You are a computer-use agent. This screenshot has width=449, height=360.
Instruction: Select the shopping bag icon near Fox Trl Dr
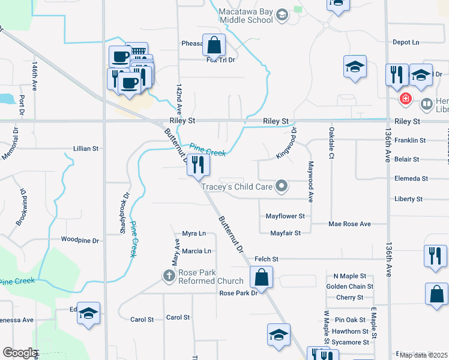pyautogui.click(x=214, y=45)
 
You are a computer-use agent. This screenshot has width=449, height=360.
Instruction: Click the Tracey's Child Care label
pyautogui.click(x=237, y=187)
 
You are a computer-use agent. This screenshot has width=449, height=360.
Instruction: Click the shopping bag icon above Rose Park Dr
pyautogui.click(x=261, y=278)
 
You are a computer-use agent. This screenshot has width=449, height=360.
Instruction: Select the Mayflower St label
pyautogui.click(x=285, y=216)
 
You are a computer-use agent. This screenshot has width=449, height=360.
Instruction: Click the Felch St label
pyautogui.click(x=267, y=259)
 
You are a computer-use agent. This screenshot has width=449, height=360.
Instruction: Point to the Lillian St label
pyautogui.click(x=85, y=148)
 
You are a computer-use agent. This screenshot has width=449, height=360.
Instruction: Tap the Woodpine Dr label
pyautogui.click(x=80, y=239)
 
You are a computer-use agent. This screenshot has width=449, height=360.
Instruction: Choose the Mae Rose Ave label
pyautogui.click(x=349, y=224)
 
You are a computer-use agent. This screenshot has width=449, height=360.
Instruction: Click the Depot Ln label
pyautogui.click(x=406, y=43)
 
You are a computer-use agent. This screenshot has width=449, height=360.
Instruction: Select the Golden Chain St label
pyautogui.click(x=350, y=287)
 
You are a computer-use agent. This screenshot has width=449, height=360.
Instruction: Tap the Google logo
pyautogui.click(x=19, y=353)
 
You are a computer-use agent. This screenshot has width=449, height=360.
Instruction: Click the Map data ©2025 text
pyautogui.click(x=423, y=355)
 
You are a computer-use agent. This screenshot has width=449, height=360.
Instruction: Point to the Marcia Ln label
pyautogui.click(x=197, y=251)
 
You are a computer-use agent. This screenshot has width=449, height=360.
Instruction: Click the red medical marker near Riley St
pyautogui.click(x=406, y=99)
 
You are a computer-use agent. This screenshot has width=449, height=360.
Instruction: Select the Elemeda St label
pyautogui.click(x=411, y=179)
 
